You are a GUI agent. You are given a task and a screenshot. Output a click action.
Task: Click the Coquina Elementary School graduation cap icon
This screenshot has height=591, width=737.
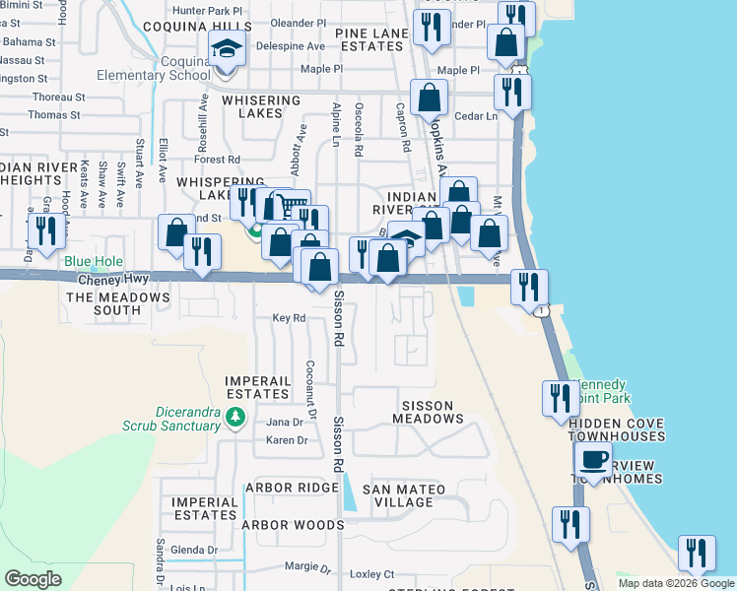[x=227, y=48]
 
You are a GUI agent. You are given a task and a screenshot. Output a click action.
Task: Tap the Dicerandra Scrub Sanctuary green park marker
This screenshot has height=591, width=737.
[x=234, y=418]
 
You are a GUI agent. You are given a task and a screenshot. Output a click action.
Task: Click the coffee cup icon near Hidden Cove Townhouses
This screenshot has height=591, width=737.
[x=593, y=460]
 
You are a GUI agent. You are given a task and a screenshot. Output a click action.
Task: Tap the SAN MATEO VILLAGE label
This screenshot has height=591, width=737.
[x=403, y=495]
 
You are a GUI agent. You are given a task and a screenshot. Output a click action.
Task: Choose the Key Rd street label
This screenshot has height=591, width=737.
[x=289, y=318]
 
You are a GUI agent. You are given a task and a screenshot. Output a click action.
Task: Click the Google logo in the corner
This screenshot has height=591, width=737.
[x=33, y=579]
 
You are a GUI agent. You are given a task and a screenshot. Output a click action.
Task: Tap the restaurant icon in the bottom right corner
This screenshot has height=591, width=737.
[x=697, y=553]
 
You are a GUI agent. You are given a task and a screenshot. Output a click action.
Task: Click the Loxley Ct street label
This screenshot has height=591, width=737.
[x=372, y=574]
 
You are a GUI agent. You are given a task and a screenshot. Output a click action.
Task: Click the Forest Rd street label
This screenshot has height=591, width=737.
[x=218, y=159]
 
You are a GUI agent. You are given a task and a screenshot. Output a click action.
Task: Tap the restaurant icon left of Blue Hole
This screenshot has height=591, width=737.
[x=45, y=230]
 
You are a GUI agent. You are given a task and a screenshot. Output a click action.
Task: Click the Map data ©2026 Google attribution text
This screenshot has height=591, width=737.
[x=677, y=583]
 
